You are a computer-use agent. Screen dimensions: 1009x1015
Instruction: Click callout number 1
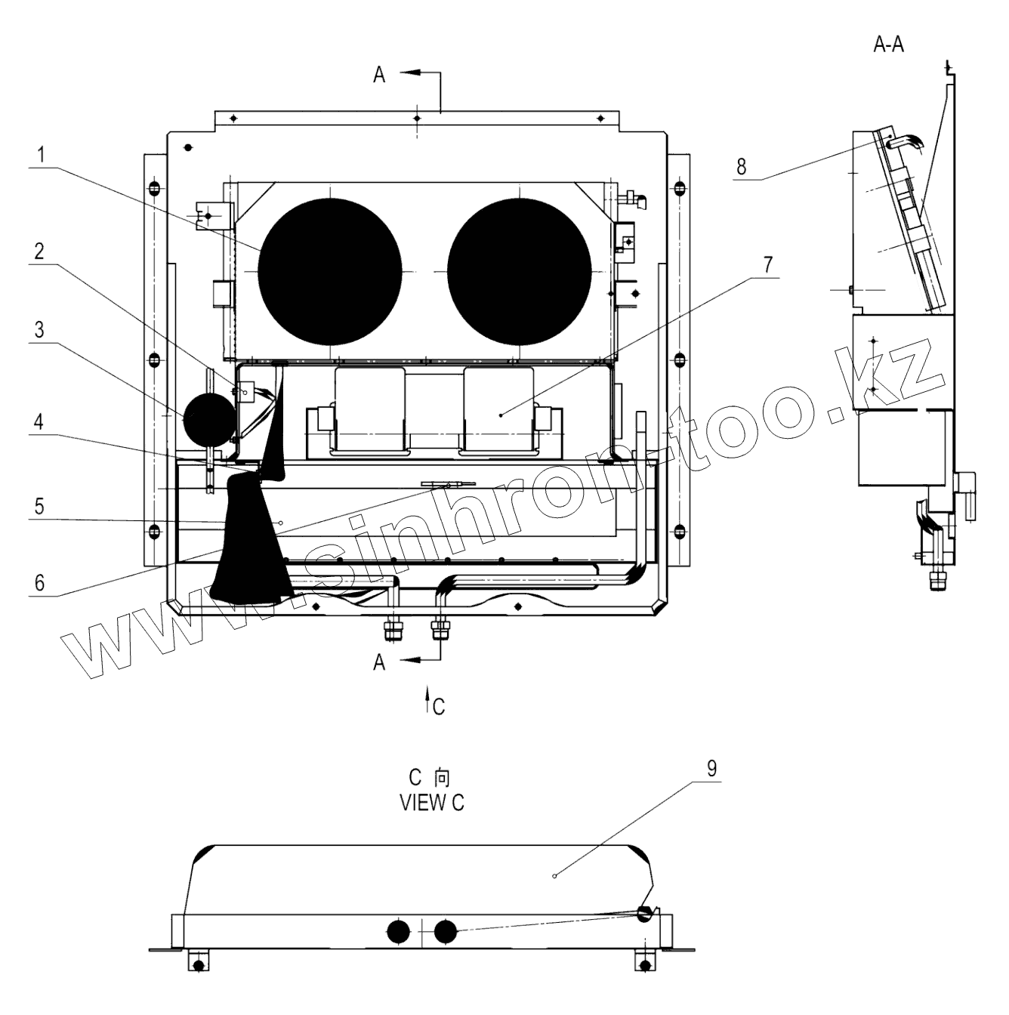pos(41,155)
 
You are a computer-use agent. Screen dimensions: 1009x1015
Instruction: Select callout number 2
pos(39,251)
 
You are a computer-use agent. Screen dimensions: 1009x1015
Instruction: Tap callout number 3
pos(39,330)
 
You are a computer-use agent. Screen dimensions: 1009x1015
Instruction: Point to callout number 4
pos(39,421)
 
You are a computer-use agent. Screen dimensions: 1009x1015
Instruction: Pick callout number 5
pos(39,506)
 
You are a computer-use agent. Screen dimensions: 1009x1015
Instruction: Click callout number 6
pos(39,582)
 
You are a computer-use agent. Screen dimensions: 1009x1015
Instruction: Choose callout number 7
pos(767,264)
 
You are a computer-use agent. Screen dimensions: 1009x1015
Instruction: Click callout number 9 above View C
pos(712,769)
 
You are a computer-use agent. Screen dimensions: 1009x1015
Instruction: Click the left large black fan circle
pos(330,272)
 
